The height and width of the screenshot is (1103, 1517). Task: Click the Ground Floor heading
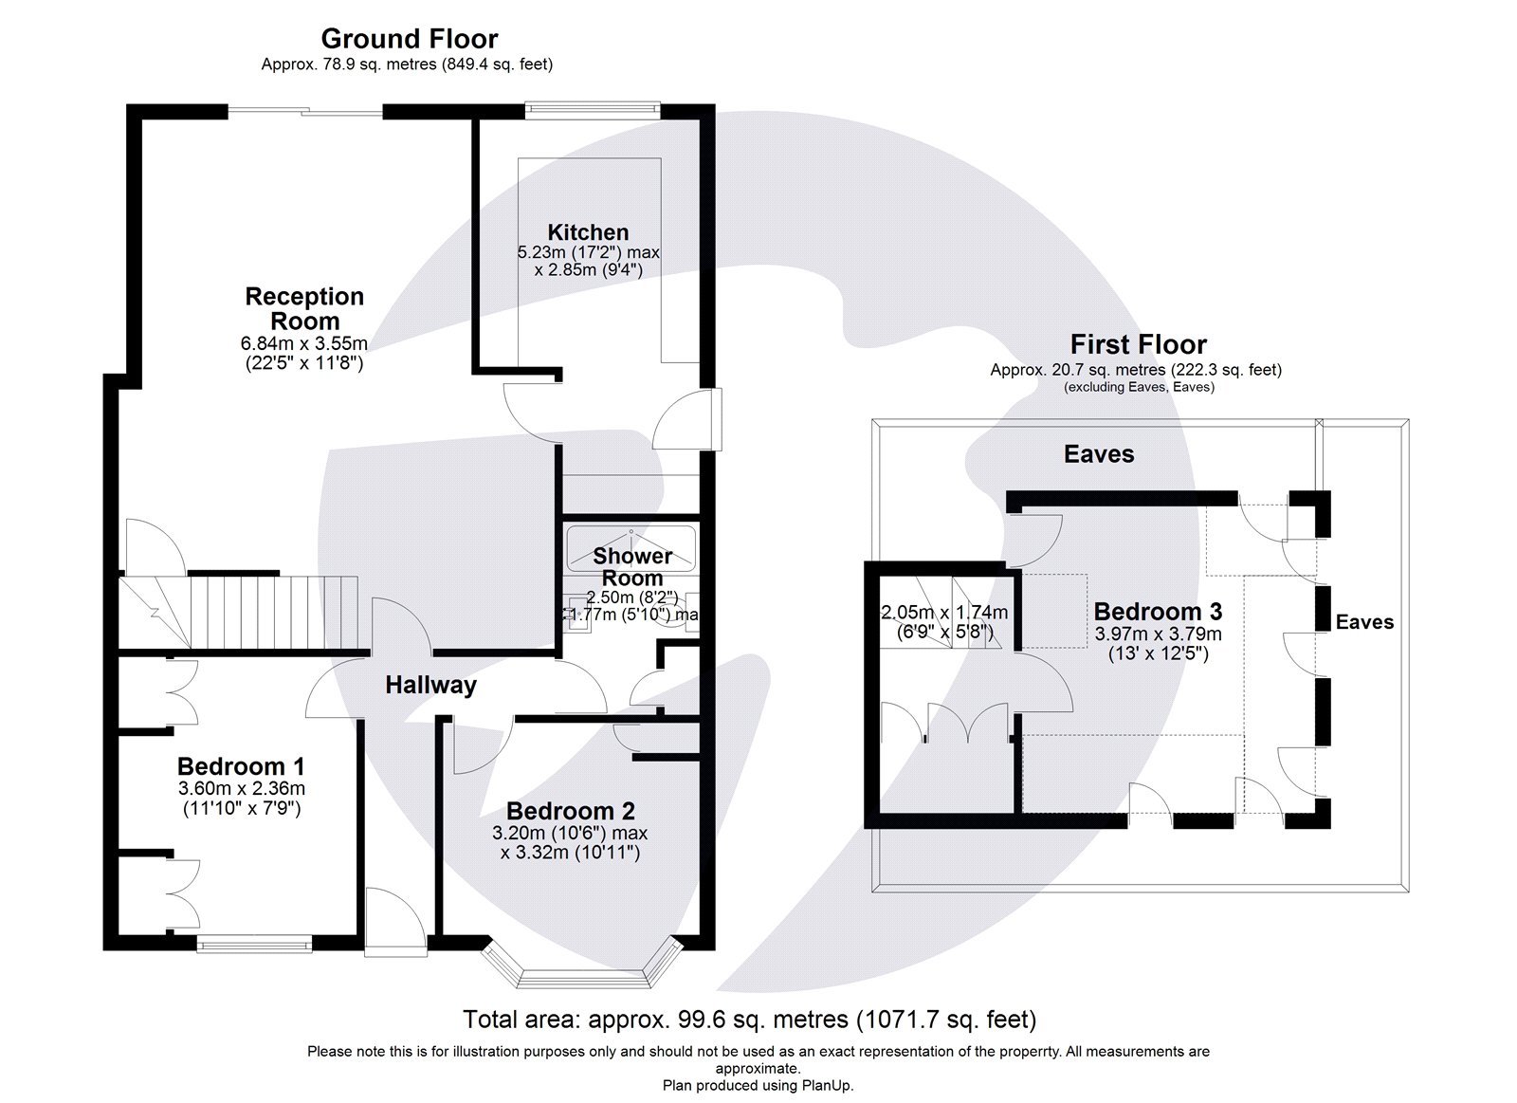click(409, 39)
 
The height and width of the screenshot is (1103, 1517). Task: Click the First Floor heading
click(1138, 344)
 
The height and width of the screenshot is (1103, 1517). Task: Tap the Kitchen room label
click(588, 232)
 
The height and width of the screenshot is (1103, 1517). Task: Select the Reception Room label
click(304, 308)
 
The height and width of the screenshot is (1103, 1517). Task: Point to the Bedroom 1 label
click(241, 765)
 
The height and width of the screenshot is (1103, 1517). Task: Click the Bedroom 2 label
click(570, 811)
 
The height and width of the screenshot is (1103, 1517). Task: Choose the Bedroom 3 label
click(1158, 612)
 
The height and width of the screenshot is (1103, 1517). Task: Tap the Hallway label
click(430, 685)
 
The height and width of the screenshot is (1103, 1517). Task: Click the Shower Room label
click(632, 566)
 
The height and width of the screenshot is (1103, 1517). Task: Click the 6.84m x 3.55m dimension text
click(304, 343)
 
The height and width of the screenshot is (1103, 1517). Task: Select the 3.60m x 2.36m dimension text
click(241, 789)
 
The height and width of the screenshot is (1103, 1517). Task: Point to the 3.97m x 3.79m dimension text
click(1158, 634)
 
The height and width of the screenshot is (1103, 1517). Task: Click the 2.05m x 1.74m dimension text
click(944, 613)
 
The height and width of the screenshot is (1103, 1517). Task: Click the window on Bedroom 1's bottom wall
click(254, 944)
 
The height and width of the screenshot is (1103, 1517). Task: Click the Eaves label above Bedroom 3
click(1098, 454)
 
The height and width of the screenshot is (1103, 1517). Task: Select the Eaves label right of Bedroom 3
click(1364, 622)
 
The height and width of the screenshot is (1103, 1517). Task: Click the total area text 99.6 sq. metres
click(749, 1020)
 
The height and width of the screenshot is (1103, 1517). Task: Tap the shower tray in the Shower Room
click(631, 547)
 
